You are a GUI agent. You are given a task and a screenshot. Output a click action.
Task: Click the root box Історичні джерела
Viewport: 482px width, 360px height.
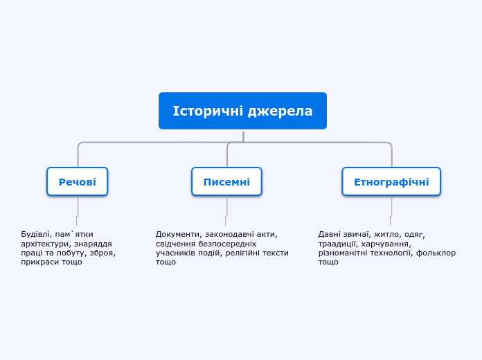242,111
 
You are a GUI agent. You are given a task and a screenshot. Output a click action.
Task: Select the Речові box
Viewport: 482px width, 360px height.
77,181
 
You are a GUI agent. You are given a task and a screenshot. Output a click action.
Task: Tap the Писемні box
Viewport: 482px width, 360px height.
226,181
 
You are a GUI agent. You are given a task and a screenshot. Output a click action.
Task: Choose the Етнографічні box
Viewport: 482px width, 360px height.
391,181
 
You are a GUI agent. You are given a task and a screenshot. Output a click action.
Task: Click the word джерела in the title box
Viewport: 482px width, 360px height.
280,111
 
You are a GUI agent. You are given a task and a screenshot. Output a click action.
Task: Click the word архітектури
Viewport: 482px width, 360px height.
45,244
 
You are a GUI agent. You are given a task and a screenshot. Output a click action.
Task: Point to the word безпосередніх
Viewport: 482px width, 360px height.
227,244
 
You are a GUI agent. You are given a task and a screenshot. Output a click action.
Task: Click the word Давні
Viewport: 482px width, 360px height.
328,234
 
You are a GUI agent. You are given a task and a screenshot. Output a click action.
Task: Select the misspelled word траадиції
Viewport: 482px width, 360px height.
338,244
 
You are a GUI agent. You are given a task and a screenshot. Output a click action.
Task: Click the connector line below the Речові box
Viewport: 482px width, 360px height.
78,211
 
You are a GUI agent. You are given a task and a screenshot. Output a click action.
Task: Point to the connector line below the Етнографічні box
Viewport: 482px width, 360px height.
391,211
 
